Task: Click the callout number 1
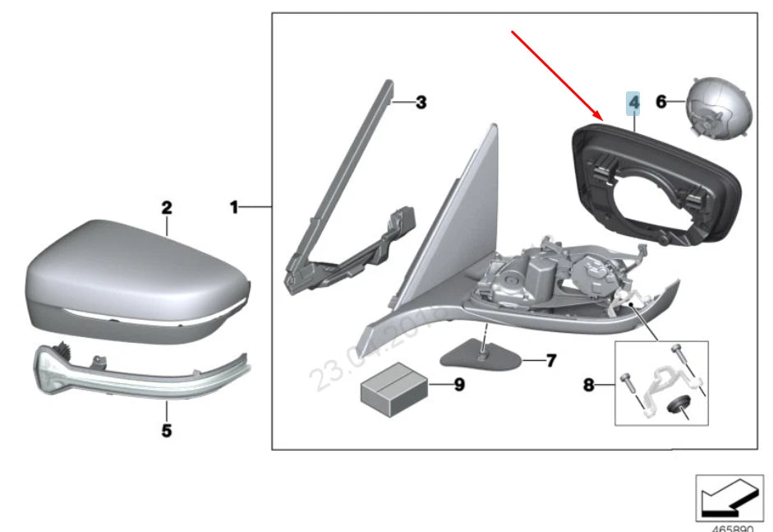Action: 233,208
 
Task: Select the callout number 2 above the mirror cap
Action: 166,208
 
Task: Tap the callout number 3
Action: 421,103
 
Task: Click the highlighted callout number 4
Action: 633,103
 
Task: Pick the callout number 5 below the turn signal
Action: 166,430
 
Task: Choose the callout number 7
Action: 551,360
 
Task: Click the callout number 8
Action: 588,384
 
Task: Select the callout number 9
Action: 458,384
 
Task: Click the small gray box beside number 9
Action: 394,385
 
